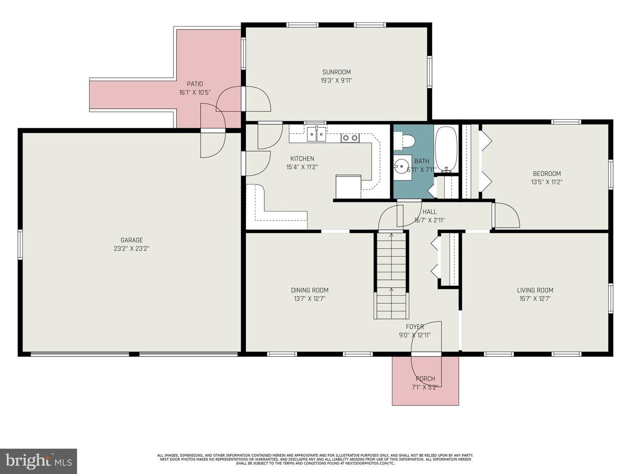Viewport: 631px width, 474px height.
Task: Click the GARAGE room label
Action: pyautogui.click(x=131, y=240)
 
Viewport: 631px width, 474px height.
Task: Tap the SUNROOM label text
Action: pyautogui.click(x=336, y=72)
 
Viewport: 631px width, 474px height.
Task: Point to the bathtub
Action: pyautogui.click(x=446, y=148)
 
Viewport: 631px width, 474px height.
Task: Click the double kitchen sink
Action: pyautogui.click(x=316, y=134)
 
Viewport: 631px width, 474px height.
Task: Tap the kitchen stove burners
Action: pyautogui.click(x=350, y=138)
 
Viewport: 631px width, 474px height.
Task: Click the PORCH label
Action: pyautogui.click(x=425, y=379)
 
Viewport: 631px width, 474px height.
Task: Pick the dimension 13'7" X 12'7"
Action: pyautogui.click(x=309, y=299)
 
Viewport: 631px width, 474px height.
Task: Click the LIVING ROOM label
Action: pyautogui.click(x=535, y=290)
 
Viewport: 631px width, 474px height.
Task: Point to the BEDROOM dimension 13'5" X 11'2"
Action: pyautogui.click(x=546, y=182)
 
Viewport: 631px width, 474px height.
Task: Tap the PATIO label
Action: pyautogui.click(x=195, y=84)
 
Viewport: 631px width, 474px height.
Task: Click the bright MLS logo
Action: pyautogui.click(x=39, y=461)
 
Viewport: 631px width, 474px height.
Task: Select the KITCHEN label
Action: pyautogui.click(x=302, y=158)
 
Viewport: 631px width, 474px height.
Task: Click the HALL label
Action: pyautogui.click(x=429, y=212)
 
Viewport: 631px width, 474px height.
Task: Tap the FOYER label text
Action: pyautogui.click(x=415, y=327)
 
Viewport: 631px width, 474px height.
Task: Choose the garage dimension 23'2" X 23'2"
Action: pyautogui.click(x=131, y=248)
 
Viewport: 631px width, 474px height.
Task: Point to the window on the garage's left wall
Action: pyautogui.click(x=20, y=244)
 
